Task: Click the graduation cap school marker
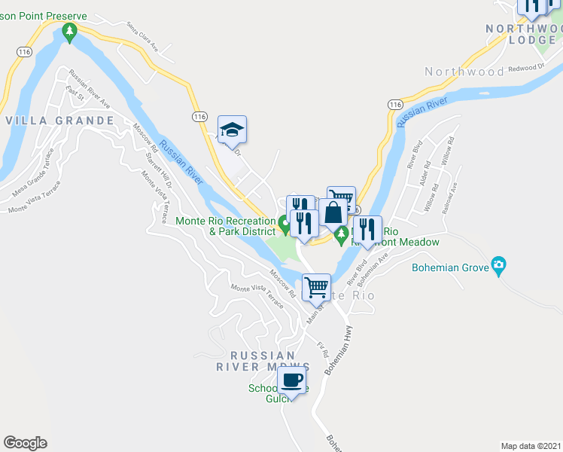point(233,130)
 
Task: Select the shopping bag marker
point(333,212)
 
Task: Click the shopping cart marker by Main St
point(316,287)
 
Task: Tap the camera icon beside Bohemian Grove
point(498,265)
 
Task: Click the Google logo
point(25,443)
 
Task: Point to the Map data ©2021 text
point(531,445)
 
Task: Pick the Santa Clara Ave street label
point(143,36)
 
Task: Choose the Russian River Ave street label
point(90,89)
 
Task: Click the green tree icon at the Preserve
point(70,32)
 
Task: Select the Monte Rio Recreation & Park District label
point(224,226)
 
